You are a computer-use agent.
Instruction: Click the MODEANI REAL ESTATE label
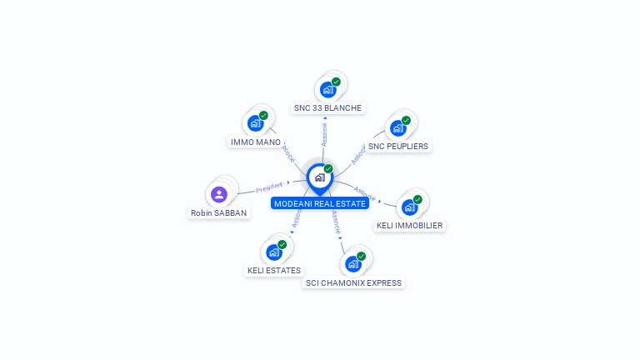[x=320, y=203]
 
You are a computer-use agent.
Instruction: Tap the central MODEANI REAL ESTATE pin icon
[x=319, y=177]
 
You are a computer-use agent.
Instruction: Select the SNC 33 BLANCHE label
[x=327, y=107]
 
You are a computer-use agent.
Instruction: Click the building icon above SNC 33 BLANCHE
[x=327, y=89]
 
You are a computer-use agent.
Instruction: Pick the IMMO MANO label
[x=255, y=142]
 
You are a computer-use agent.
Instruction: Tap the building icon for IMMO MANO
[x=256, y=123]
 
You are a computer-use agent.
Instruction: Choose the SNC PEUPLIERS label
[x=398, y=146]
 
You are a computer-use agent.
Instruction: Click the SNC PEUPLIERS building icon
[x=397, y=127]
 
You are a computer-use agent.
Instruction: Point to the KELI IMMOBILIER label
[x=409, y=225]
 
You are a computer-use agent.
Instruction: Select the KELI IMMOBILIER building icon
[x=409, y=207]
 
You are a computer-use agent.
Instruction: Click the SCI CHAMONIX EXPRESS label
[x=353, y=282]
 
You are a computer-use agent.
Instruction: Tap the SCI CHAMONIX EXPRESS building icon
[x=352, y=264]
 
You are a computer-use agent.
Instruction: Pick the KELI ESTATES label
[x=274, y=270]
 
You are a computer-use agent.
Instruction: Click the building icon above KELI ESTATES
[x=274, y=252]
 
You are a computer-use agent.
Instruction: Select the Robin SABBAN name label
[x=218, y=212]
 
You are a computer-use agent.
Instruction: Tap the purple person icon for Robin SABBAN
[x=219, y=194]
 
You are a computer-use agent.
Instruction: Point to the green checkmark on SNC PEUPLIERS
[x=406, y=120]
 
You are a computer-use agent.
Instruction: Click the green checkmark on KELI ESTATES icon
[x=282, y=244]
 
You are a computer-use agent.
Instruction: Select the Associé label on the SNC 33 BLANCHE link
[x=324, y=132]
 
